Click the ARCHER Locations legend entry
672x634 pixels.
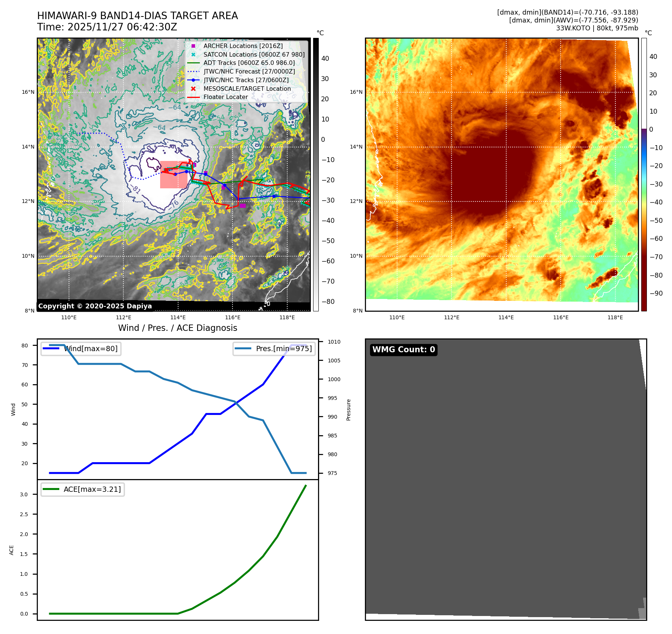[243, 46]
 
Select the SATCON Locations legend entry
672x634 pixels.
[254, 55]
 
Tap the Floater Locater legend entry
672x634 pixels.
[225, 97]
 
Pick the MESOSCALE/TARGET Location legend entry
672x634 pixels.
[247, 89]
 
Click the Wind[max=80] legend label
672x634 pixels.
[91, 349]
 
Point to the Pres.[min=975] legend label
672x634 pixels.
[283, 349]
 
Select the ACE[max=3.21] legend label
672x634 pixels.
[92, 490]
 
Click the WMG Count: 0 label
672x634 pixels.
[403, 350]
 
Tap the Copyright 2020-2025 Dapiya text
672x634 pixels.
[95, 306]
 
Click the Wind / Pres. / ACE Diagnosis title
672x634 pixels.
[177, 328]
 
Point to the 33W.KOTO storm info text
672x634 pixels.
[597, 28]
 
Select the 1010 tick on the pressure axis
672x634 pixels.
[334, 342]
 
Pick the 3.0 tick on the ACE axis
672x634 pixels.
[24, 494]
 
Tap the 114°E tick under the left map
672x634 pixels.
[178, 318]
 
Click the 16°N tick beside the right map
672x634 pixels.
[356, 92]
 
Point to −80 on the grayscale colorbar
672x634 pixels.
[328, 302]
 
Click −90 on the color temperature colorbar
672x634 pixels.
[656, 293]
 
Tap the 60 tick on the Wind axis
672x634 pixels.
[25, 385]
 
